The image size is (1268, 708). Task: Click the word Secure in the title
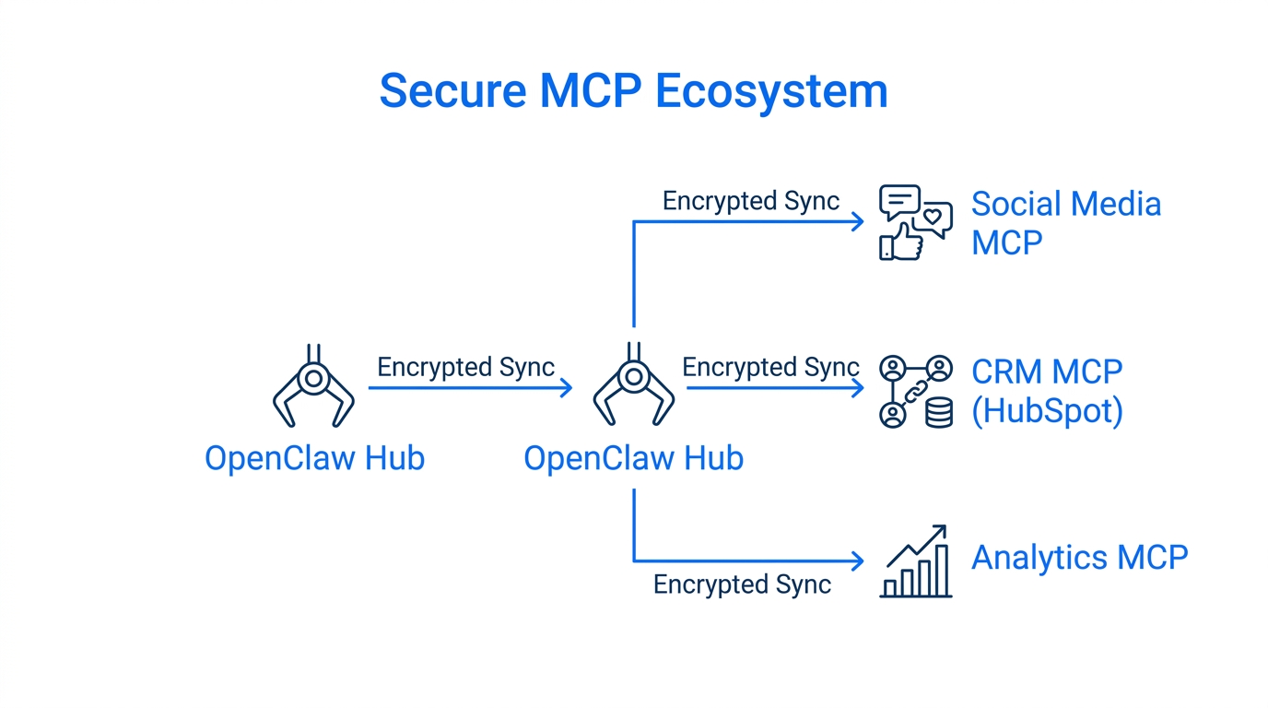coord(452,91)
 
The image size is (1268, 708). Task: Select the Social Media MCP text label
coord(1065,223)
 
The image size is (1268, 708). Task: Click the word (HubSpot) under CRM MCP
coord(1047,411)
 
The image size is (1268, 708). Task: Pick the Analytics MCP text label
coord(1079,558)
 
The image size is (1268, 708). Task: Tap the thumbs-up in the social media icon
coord(903,242)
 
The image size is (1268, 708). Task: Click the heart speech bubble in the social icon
coord(934,219)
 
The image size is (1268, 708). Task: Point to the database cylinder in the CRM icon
coord(938,414)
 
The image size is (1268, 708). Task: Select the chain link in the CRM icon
coord(915,392)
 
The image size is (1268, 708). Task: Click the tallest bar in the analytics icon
coord(942,570)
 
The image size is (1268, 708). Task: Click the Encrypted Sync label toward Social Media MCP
coord(750,201)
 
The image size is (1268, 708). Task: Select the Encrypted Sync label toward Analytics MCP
coord(742,584)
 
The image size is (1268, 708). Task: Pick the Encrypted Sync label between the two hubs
coord(465,367)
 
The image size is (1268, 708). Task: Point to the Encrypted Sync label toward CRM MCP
coord(770,367)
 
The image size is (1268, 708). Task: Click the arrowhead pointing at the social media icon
coord(858,221)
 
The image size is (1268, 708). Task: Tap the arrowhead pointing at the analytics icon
coord(858,560)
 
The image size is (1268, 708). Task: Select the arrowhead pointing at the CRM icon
coord(858,388)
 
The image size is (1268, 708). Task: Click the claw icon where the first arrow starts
coord(313,387)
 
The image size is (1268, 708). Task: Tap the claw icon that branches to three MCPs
coord(633,387)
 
